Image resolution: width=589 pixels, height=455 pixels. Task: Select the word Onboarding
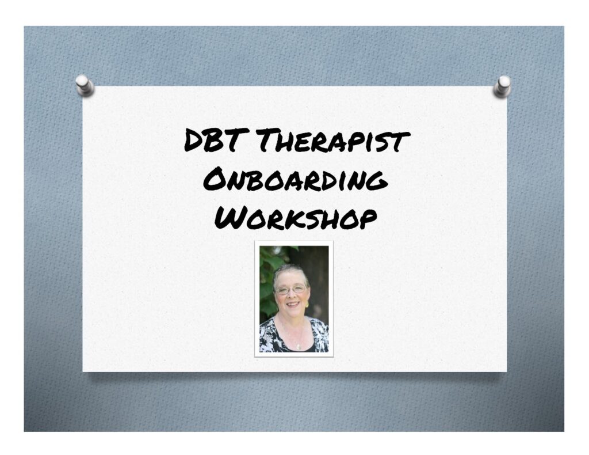[x=295, y=180]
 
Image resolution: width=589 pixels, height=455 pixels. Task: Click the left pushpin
[x=84, y=85]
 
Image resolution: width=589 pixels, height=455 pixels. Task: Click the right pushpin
[x=502, y=86]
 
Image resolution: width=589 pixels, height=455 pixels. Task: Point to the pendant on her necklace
[x=299, y=346]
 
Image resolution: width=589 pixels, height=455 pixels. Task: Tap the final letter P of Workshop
[x=368, y=219]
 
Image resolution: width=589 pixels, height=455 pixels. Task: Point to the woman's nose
[x=292, y=295]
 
